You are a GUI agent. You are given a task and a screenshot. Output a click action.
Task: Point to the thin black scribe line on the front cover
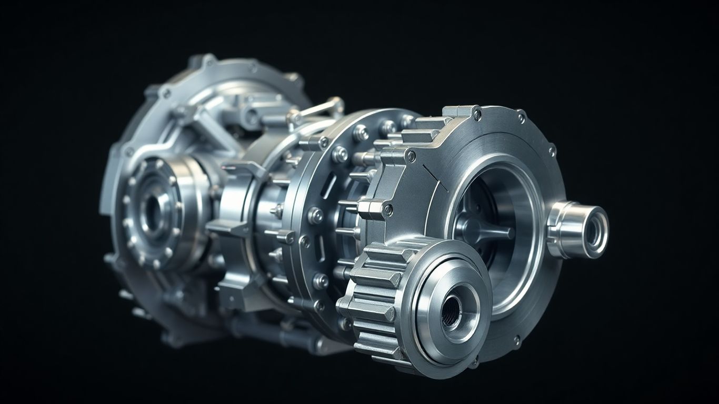pos(435,178)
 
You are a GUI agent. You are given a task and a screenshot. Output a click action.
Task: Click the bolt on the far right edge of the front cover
pos(552,152)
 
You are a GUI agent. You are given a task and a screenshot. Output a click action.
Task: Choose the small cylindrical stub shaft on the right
pos(579,229)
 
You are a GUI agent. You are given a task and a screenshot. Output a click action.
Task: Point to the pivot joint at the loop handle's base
pos(293,120)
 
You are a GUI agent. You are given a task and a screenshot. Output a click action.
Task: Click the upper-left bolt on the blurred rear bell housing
pos(167,93)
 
